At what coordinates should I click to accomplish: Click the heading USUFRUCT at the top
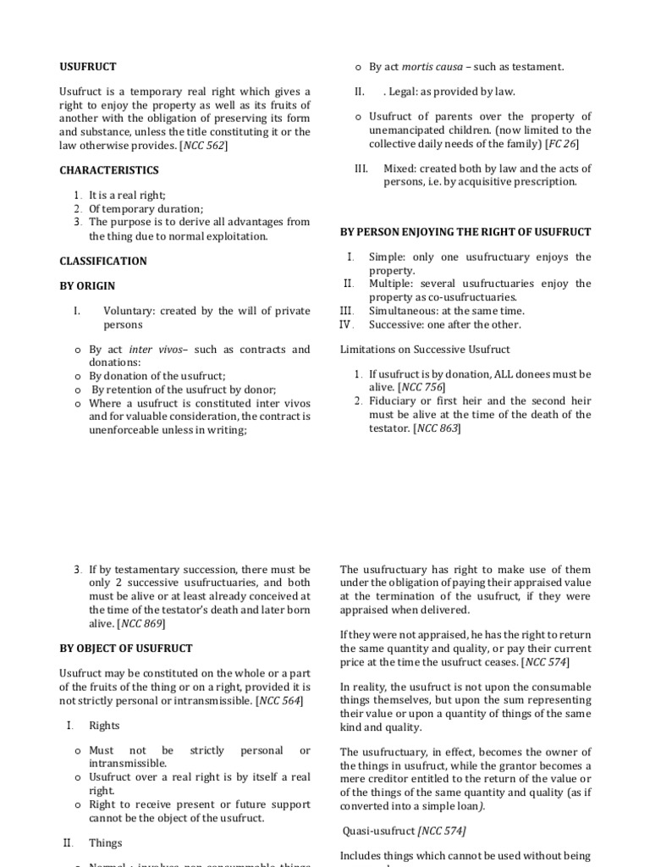click(x=87, y=66)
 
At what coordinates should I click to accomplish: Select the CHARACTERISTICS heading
click(x=108, y=170)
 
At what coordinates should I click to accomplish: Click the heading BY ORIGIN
click(x=87, y=286)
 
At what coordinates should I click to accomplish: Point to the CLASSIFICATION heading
click(x=102, y=261)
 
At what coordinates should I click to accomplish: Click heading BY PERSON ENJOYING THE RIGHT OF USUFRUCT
click(x=465, y=232)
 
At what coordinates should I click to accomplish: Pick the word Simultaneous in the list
click(x=404, y=311)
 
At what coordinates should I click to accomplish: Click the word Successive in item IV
click(x=396, y=324)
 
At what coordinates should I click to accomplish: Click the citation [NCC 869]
click(x=140, y=623)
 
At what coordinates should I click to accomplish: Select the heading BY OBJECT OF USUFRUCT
click(x=125, y=649)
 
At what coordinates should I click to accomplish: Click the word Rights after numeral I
click(x=104, y=726)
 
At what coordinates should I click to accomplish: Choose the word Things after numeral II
click(x=106, y=842)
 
